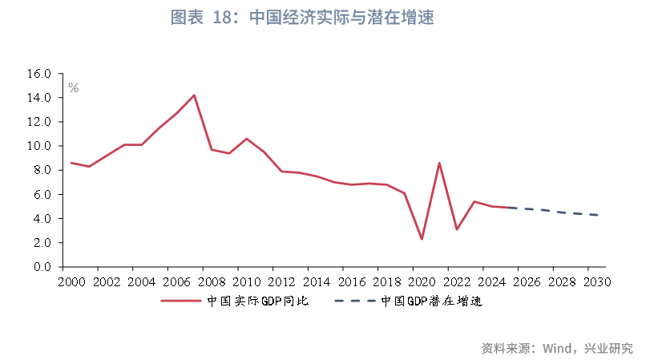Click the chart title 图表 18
tap(302, 18)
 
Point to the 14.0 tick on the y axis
tap(39, 98)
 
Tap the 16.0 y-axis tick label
tap(39, 74)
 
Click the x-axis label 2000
tap(71, 282)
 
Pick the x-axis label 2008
tap(212, 282)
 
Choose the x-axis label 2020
tap(422, 282)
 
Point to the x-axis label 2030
tap(597, 282)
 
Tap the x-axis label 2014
tap(317, 282)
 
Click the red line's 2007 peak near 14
tap(194, 95)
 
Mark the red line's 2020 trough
tap(422, 239)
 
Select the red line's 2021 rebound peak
tap(439, 163)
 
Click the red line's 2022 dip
tap(457, 229)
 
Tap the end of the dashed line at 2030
tap(597, 215)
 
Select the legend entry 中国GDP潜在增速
tap(430, 301)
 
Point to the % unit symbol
tap(73, 88)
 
